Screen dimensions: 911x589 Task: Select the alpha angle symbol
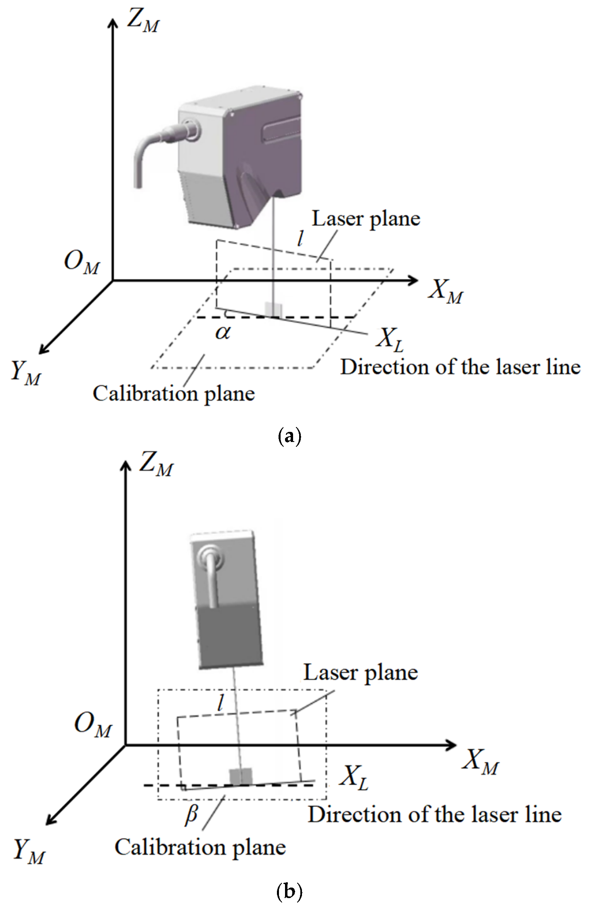pos(223,332)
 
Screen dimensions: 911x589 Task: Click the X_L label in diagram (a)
pos(390,340)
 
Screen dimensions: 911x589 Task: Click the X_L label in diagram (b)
pos(354,778)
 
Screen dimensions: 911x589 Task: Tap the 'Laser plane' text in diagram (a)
pos(366,219)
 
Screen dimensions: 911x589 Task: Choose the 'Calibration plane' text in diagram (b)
pos(200,848)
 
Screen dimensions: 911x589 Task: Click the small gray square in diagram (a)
pos(273,309)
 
